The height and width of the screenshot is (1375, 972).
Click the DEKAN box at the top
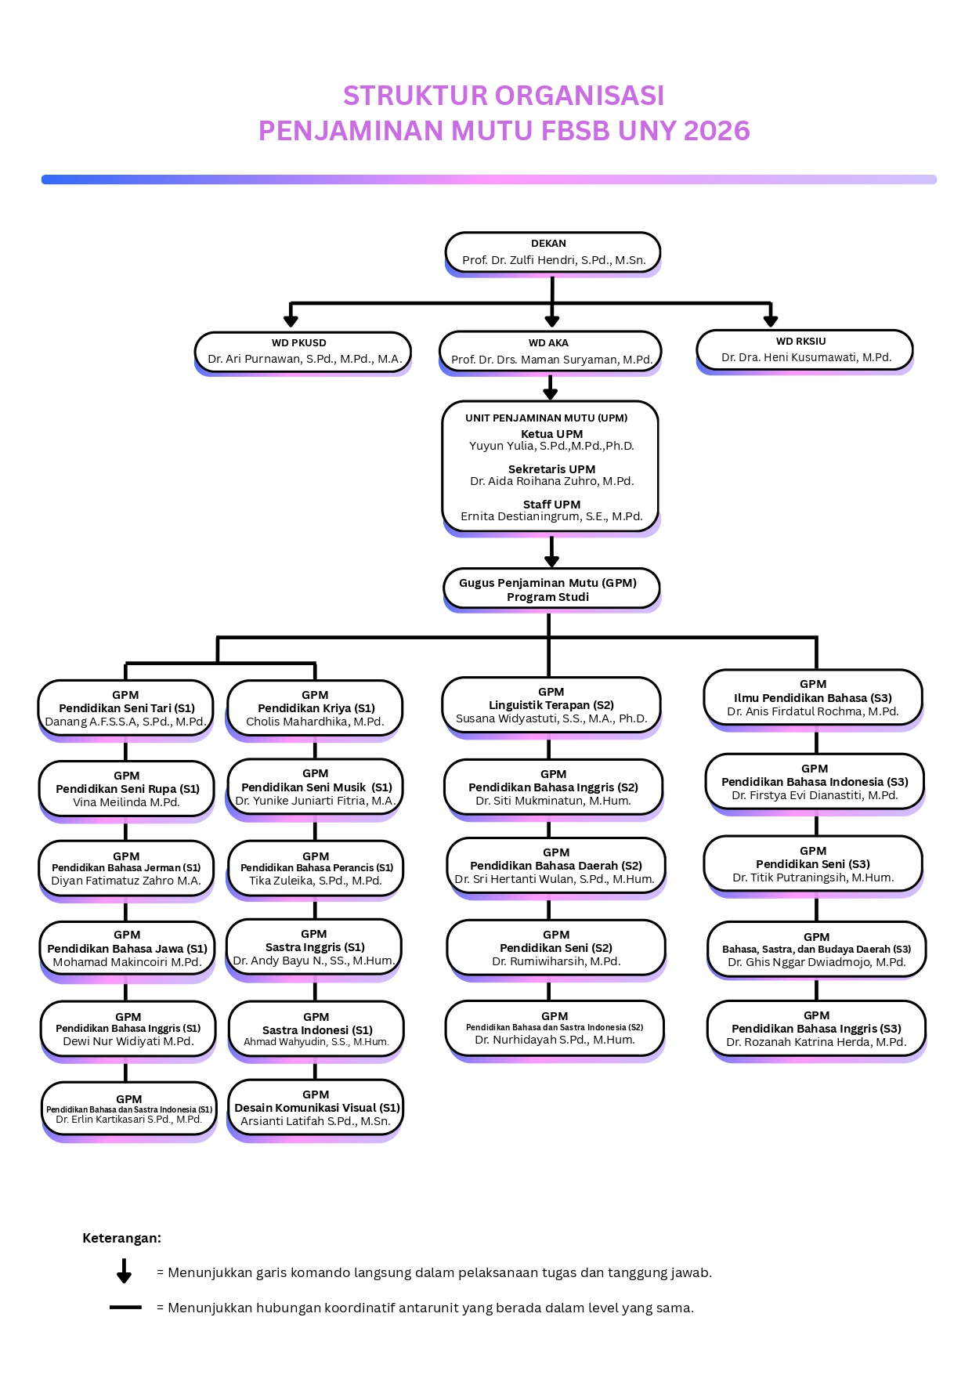click(x=552, y=252)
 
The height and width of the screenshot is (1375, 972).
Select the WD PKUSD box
click(x=302, y=351)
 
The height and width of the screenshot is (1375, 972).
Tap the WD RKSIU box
click(x=804, y=349)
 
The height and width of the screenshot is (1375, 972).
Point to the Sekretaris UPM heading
click(x=551, y=469)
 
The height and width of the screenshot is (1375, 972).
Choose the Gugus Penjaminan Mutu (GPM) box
click(x=551, y=589)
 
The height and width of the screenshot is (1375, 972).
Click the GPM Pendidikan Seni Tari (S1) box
click(x=125, y=708)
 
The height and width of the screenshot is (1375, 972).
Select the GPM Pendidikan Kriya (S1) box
click(x=315, y=708)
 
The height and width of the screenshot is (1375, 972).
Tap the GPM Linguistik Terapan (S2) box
click(x=551, y=705)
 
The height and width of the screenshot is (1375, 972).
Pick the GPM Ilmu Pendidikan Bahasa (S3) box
click(x=813, y=698)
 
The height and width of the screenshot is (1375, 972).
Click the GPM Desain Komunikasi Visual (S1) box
click(x=315, y=1108)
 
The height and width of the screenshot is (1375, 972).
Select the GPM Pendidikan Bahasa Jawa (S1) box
click(x=127, y=948)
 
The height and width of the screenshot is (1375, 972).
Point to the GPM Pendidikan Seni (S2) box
click(x=556, y=947)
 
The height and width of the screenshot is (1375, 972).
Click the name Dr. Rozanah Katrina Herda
click(x=816, y=1042)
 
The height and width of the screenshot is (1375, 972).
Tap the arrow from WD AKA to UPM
click(x=551, y=388)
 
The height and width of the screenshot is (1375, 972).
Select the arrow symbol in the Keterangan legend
click(x=124, y=1271)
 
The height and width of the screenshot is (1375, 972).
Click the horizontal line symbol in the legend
click(x=125, y=1308)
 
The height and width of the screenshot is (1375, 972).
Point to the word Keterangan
click(x=121, y=1238)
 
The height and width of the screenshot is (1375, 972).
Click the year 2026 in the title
click(x=717, y=131)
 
